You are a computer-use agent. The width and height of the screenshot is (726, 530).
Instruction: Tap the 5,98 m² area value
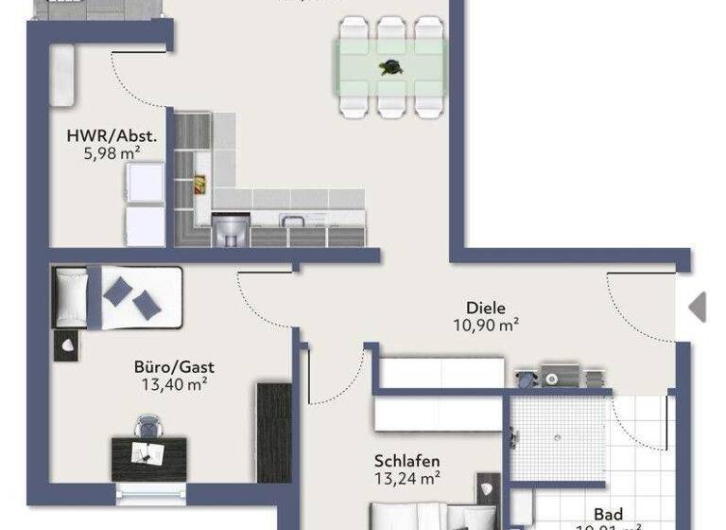click(x=110, y=154)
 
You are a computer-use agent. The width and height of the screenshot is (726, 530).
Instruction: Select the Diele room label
click(x=486, y=308)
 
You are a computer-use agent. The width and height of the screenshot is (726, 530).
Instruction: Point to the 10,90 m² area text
click(x=486, y=326)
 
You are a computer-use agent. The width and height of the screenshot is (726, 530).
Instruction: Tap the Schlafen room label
click(x=407, y=461)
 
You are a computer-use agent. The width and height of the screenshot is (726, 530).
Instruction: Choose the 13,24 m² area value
click(x=407, y=478)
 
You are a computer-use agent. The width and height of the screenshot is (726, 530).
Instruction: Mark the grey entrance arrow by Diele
click(x=698, y=307)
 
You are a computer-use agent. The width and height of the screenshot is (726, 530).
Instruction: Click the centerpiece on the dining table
click(x=389, y=67)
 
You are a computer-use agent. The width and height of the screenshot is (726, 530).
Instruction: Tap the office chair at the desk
click(x=147, y=428)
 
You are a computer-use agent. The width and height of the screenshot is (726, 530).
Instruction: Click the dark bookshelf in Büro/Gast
click(x=273, y=432)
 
